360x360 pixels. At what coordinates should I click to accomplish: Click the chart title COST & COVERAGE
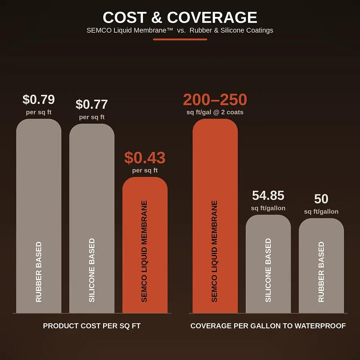click(x=180, y=17)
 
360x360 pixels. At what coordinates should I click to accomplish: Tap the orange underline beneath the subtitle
click(x=180, y=39)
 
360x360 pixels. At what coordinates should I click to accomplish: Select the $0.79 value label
click(x=39, y=99)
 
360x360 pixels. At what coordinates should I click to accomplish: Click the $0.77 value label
click(x=91, y=104)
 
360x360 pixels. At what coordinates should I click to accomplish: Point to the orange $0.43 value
click(x=145, y=158)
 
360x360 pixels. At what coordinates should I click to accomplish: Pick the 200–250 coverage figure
click(x=215, y=99)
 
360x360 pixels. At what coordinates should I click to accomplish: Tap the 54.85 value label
click(x=268, y=195)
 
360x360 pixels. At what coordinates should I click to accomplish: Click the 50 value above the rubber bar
click(x=321, y=199)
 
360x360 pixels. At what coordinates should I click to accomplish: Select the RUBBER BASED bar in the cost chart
click(x=39, y=216)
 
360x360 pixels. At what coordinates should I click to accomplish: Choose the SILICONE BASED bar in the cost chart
click(x=92, y=219)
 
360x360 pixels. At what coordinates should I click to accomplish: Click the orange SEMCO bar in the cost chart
click(x=145, y=245)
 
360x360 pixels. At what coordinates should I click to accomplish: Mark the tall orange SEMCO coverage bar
click(x=215, y=216)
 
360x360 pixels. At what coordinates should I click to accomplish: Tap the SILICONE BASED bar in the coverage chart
click(x=268, y=264)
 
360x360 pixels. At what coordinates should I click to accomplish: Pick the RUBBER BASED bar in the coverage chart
click(x=321, y=266)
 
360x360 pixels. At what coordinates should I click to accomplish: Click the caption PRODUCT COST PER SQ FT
click(x=91, y=326)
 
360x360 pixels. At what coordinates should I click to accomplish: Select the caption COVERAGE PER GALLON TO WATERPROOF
click(x=268, y=326)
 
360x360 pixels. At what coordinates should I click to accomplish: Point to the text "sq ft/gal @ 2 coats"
click(x=215, y=112)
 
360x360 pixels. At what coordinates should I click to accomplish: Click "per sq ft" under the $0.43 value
click(x=145, y=170)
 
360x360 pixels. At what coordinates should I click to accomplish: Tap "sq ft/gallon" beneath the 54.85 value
click(x=268, y=208)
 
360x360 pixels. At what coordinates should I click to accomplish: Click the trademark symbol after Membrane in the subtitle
click(x=170, y=29)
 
